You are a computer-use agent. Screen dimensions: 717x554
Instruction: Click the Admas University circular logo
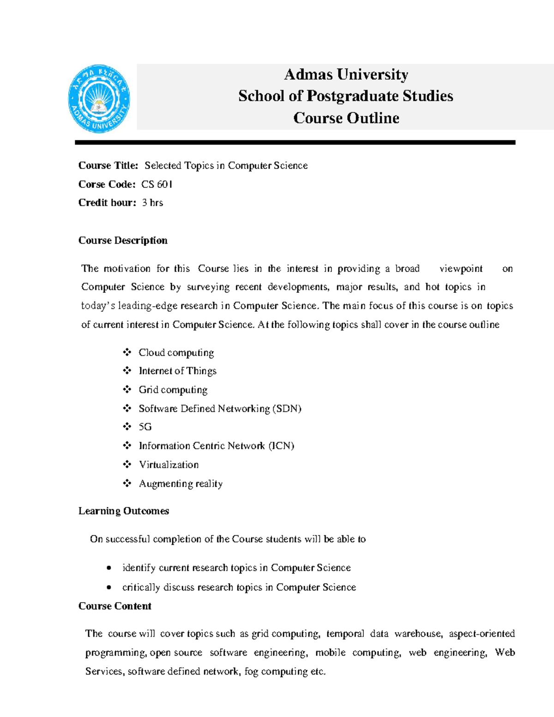click(99, 98)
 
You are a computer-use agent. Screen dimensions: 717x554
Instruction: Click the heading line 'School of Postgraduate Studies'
click(345, 96)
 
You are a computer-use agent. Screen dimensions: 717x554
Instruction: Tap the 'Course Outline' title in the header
click(346, 118)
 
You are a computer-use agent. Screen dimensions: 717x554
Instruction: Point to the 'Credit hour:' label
click(107, 203)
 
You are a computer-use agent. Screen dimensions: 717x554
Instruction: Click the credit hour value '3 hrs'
click(152, 203)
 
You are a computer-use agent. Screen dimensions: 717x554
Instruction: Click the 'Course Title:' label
click(108, 165)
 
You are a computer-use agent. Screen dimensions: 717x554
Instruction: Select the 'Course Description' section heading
click(123, 240)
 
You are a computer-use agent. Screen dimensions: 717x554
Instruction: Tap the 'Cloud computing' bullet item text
click(176, 353)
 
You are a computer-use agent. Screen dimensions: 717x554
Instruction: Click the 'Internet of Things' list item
click(177, 371)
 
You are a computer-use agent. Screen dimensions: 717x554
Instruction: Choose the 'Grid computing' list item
click(173, 390)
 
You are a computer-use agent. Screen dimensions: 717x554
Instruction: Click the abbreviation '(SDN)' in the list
click(287, 409)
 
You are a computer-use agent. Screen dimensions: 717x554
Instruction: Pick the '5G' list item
click(145, 427)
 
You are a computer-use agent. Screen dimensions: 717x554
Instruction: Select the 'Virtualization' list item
click(169, 464)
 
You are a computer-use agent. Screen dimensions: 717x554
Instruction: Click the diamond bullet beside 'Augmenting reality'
click(127, 483)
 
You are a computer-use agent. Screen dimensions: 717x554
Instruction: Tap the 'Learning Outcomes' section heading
click(124, 511)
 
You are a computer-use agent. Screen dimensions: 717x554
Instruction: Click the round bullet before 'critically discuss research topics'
click(108, 587)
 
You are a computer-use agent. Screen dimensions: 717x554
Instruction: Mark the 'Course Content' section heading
click(115, 606)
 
